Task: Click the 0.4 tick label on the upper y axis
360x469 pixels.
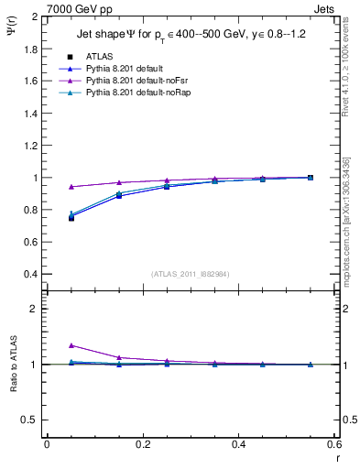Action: pos(31,275)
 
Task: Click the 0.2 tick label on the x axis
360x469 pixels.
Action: pos(143,444)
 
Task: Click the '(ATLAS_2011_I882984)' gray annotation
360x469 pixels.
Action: pos(191,273)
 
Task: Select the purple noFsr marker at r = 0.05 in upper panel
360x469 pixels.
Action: pos(71,186)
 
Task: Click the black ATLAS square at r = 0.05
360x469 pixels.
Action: pos(71,218)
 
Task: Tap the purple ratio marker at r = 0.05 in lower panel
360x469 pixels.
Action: pos(71,345)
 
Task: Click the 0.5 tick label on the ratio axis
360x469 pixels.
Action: pos(31,420)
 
